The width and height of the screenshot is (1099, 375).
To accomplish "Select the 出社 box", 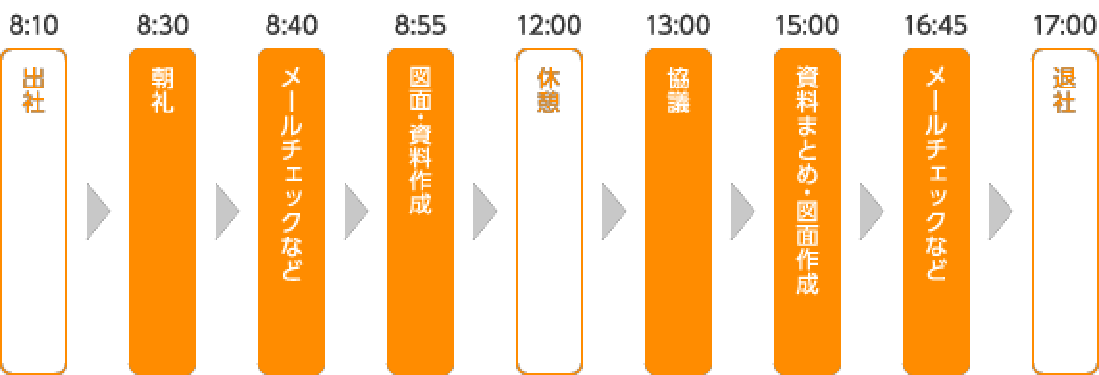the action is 34,211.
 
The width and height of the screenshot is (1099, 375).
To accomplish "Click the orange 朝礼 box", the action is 163,211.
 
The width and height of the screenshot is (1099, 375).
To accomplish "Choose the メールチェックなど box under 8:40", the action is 292,211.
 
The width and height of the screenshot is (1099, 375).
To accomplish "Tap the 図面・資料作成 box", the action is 421,211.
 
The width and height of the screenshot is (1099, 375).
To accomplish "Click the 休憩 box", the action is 549,211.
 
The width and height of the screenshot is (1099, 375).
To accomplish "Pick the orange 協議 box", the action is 678,211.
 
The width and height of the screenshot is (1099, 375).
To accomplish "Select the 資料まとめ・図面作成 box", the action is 807,211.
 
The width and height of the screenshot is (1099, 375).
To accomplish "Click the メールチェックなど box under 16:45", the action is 936,211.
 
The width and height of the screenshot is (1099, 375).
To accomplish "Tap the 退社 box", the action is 1064,211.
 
